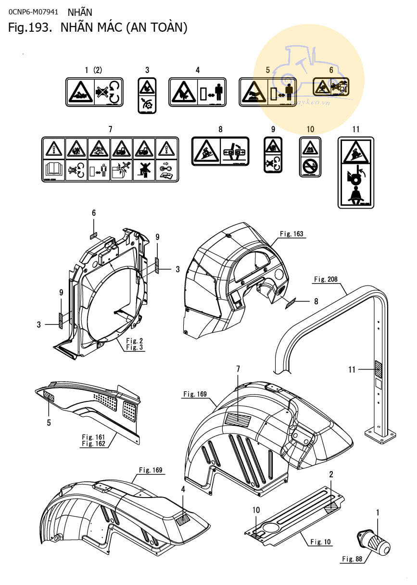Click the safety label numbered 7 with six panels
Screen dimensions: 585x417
pos(110,159)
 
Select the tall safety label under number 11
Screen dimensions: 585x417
pos(356,172)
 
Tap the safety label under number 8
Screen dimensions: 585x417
pos(220,151)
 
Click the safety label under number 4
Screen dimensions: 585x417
pos(198,92)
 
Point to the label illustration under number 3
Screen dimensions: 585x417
pos(147,95)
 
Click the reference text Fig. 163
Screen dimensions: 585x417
pos(291,234)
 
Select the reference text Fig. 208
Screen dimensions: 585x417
pos(327,279)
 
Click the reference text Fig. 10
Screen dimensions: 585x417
pos(320,542)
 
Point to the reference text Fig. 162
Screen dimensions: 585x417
pos(93,444)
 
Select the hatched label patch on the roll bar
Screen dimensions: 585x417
pos(379,369)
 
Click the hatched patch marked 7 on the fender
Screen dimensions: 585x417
pos(238,418)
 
